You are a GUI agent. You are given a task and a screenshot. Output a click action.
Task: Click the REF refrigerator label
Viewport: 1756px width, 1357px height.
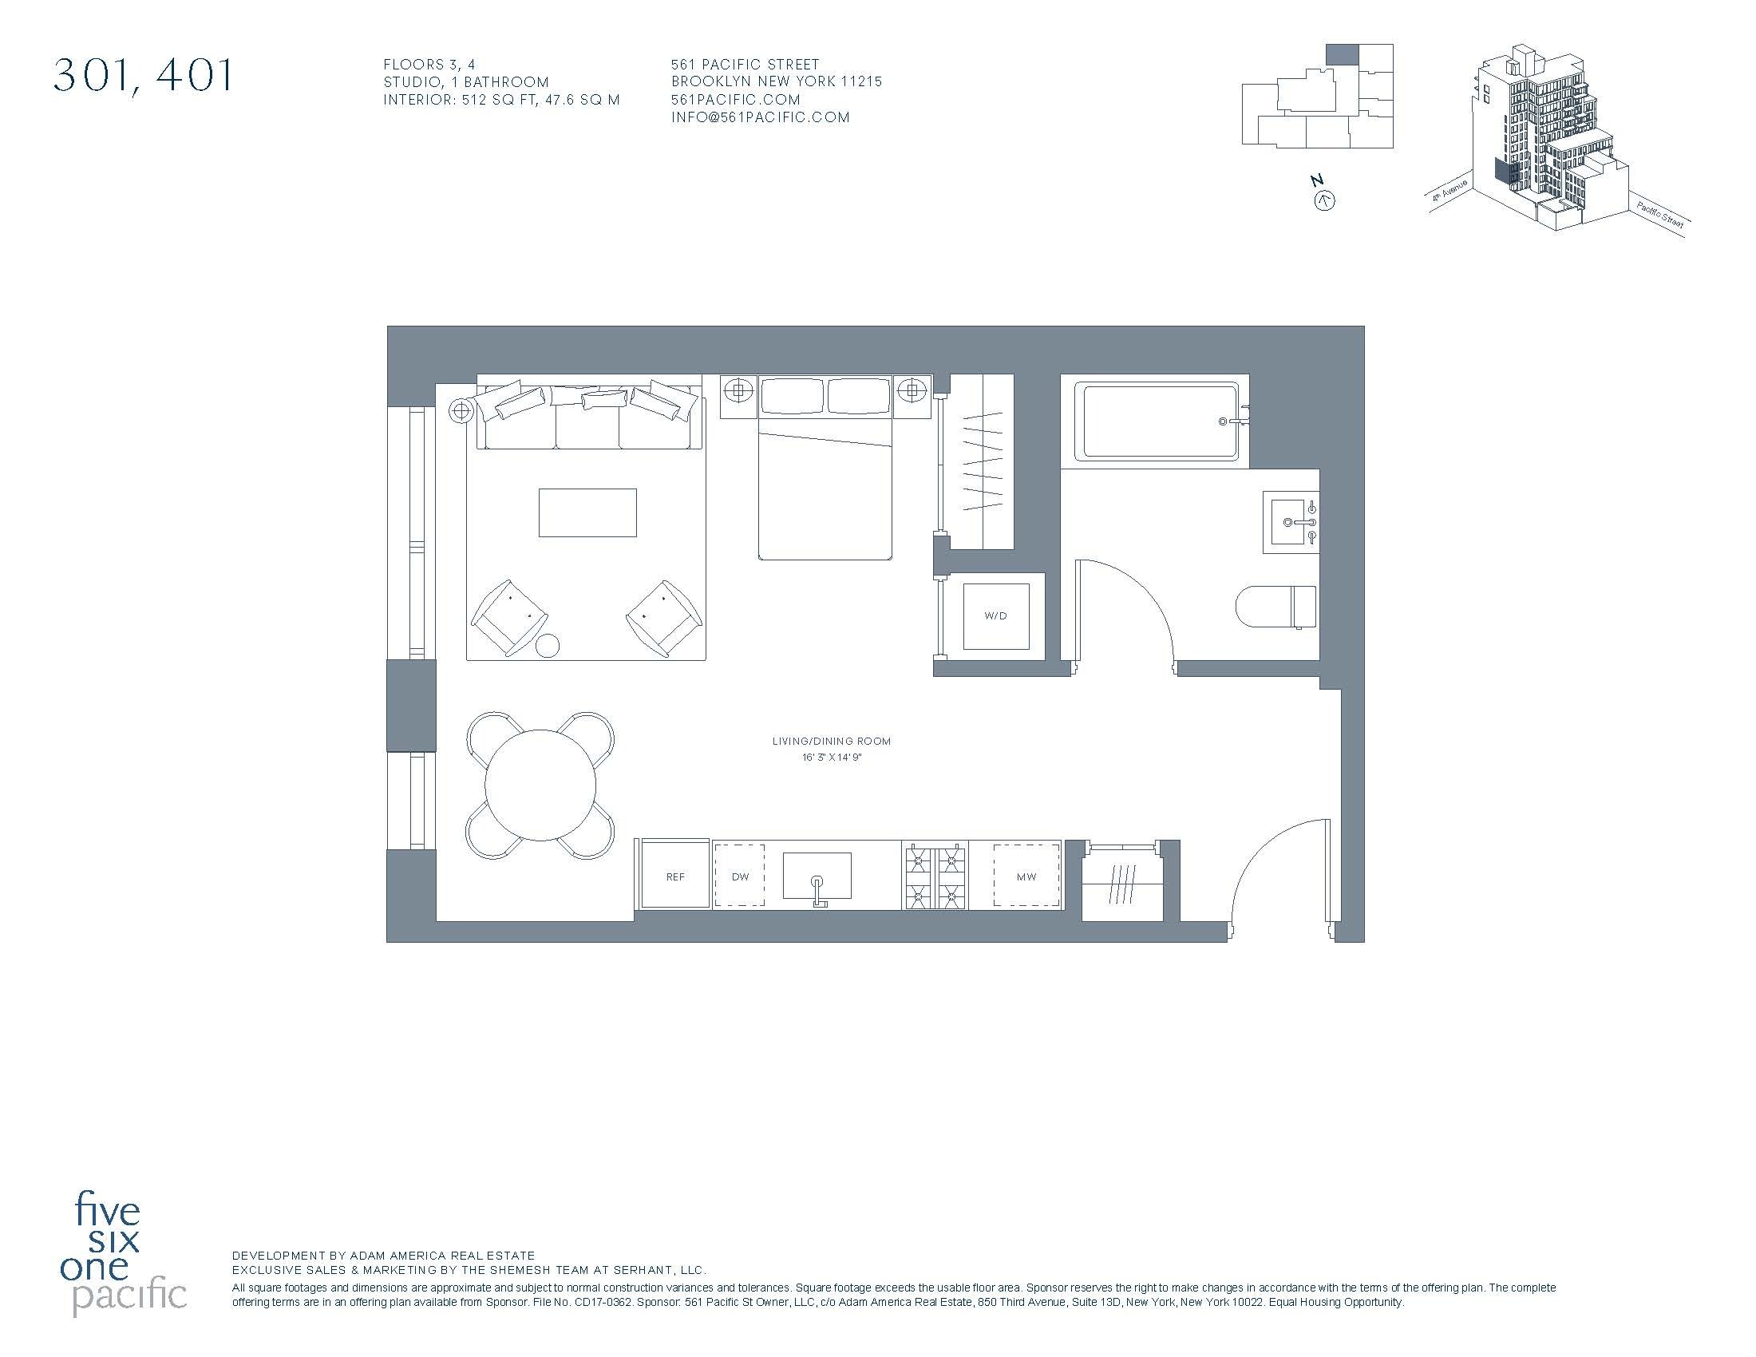point(674,876)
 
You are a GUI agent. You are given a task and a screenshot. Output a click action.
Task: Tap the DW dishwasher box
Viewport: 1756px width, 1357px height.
point(740,876)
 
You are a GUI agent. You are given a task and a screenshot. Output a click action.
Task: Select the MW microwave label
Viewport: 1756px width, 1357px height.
point(1026,876)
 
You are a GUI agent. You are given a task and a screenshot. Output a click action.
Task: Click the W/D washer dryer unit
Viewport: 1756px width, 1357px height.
point(995,616)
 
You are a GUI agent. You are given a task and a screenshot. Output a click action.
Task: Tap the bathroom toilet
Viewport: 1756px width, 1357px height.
point(1275,607)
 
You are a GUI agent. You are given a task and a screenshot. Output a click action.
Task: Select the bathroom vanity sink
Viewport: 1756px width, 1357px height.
point(1291,522)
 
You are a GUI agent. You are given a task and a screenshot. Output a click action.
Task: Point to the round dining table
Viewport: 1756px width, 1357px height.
point(540,785)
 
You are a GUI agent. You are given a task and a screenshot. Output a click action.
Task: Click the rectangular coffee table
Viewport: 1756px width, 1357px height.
point(587,512)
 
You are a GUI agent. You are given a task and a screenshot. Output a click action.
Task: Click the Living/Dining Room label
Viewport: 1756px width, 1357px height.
point(832,742)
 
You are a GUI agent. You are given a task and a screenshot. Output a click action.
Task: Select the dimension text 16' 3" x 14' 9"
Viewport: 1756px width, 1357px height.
point(832,758)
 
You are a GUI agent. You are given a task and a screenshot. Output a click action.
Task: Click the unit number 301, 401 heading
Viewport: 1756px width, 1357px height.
point(143,76)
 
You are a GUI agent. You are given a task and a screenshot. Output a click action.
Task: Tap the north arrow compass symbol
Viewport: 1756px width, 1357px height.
point(1323,200)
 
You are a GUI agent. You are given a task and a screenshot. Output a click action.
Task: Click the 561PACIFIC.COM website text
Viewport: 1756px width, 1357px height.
point(736,100)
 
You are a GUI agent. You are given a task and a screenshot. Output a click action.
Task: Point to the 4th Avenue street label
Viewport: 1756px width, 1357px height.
point(1449,195)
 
